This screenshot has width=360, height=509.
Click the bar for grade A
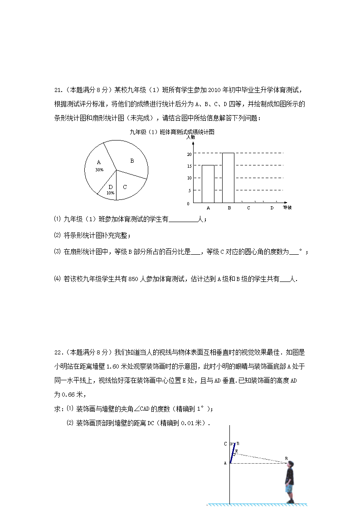(x=208, y=184)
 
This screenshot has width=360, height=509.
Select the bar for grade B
(x=228, y=178)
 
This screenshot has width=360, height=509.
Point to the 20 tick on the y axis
(x=188, y=154)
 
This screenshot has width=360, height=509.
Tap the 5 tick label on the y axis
(x=188, y=190)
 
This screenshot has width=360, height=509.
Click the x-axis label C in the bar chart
(x=248, y=208)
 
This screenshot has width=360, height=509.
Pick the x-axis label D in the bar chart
(x=272, y=208)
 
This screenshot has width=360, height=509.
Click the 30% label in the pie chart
(x=99, y=170)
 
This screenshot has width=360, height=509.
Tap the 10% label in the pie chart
(x=110, y=193)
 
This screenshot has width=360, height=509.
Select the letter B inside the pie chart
(x=132, y=160)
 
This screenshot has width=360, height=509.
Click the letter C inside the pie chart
(x=125, y=187)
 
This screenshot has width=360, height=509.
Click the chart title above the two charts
(x=171, y=132)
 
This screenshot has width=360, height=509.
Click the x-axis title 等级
(x=287, y=208)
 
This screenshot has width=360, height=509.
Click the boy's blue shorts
(x=289, y=488)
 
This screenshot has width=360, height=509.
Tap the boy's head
(x=290, y=465)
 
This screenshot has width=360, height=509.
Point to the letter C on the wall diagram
(x=225, y=444)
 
